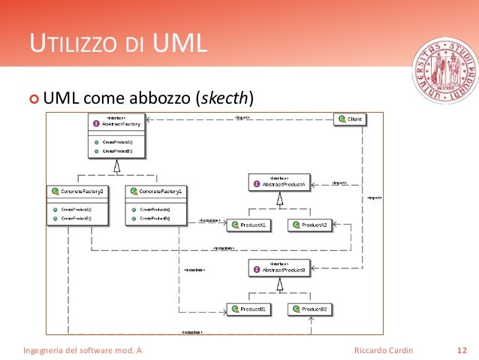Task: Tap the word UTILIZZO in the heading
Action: [72, 47]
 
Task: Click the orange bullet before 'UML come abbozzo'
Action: [33, 98]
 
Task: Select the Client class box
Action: [350, 119]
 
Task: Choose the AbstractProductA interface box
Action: [279, 183]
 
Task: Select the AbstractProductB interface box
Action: [279, 268]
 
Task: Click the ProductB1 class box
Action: [249, 309]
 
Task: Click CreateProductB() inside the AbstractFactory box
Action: [117, 151]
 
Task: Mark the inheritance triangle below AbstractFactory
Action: [116, 165]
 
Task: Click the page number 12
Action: [462, 350]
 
